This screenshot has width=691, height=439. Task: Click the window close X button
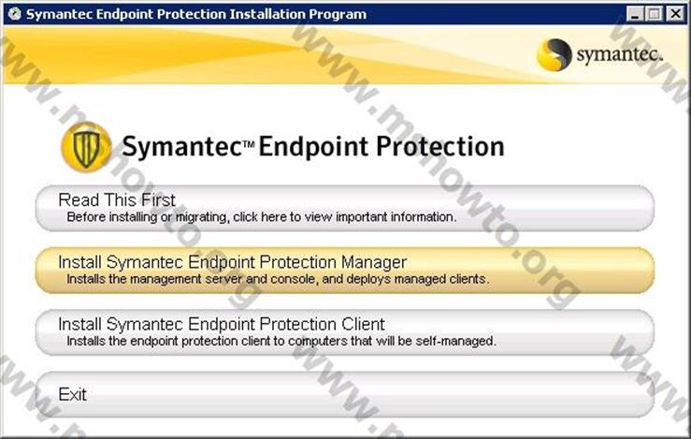(x=676, y=14)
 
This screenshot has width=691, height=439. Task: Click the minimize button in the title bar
(x=635, y=14)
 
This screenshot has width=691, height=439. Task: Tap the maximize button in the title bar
(x=655, y=14)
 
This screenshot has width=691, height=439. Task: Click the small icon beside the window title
(x=15, y=14)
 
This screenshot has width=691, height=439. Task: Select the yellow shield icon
(x=86, y=147)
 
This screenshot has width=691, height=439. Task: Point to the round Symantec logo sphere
(x=554, y=54)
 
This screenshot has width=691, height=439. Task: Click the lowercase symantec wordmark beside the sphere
(x=620, y=54)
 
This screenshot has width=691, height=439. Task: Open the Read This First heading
(x=117, y=200)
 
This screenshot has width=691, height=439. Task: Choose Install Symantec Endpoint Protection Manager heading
(x=232, y=262)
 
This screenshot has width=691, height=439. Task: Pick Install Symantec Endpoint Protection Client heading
(x=222, y=324)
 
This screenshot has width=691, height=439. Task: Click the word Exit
(x=73, y=394)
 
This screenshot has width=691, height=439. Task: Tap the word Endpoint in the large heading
(x=313, y=147)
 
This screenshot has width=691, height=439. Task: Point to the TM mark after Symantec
(x=249, y=143)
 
